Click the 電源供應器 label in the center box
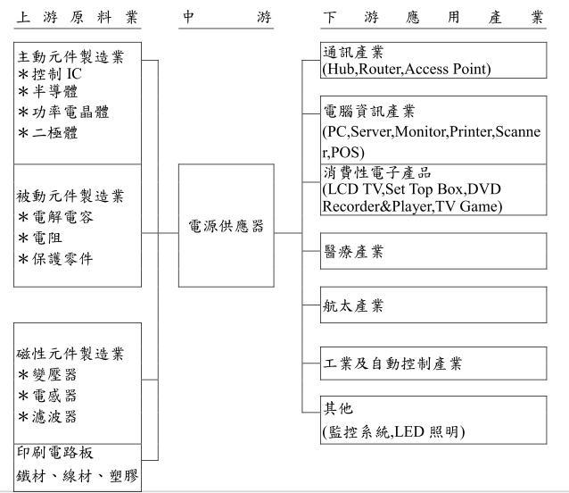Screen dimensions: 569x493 [226, 226]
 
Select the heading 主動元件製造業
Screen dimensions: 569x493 [70, 56]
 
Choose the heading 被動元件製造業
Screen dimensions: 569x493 [70, 196]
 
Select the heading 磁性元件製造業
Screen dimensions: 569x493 [70, 354]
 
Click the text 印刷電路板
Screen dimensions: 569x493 [55, 453]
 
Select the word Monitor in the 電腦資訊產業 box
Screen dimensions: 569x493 [421, 131]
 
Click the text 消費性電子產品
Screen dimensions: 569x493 [377, 172]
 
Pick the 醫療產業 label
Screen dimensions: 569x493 [353, 251]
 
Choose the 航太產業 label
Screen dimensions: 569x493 [353, 305]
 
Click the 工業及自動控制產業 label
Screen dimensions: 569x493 [392, 363]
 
